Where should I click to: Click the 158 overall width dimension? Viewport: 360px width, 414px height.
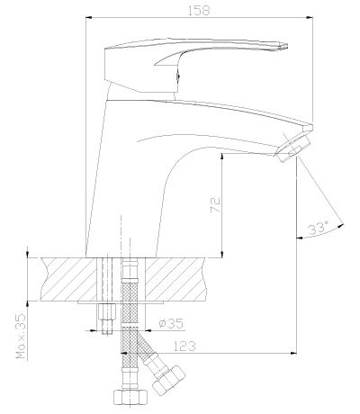(x=199, y=11)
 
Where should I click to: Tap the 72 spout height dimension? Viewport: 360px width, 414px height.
(x=215, y=205)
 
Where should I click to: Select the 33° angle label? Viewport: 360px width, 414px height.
(x=319, y=229)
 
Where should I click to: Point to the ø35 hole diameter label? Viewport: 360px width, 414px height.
(x=171, y=323)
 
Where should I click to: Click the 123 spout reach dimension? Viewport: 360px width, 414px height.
(x=184, y=346)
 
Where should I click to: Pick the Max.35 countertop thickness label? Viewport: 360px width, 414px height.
(x=21, y=337)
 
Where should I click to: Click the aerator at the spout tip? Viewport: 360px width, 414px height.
(x=292, y=148)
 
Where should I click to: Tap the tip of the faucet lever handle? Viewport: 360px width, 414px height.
(x=285, y=46)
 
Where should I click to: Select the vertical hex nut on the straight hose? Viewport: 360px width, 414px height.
(x=130, y=397)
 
